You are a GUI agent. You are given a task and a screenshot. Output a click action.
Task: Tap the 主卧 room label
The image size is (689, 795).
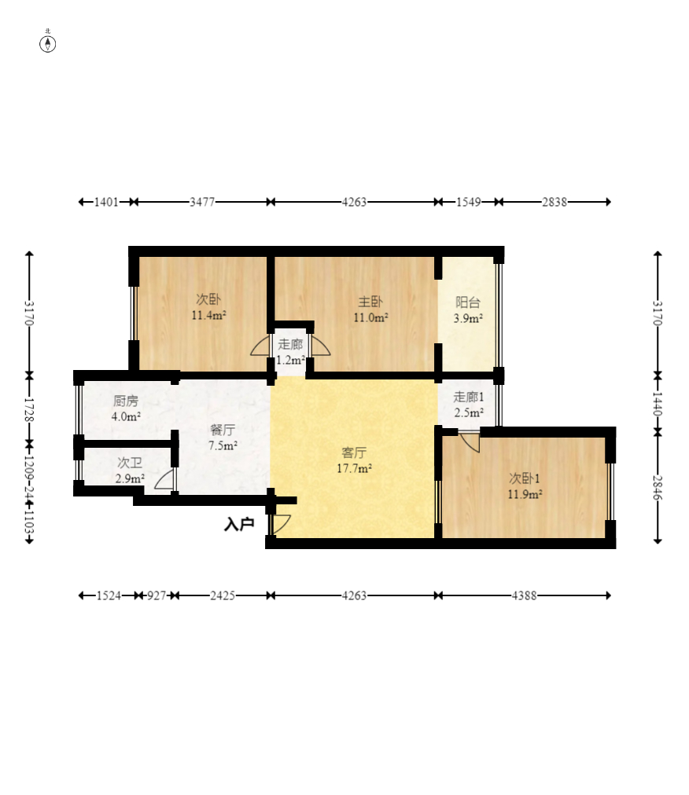coord(370,302)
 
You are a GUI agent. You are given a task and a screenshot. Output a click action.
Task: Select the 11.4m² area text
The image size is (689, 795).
coord(208,315)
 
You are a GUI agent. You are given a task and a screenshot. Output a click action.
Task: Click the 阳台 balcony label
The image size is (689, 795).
coord(468,302)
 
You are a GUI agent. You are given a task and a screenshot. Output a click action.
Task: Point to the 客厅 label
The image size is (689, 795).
coord(354,452)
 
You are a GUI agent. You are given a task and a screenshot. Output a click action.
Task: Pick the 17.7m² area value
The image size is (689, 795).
coord(354,468)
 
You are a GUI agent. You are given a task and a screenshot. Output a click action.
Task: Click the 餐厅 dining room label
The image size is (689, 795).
coord(223,430)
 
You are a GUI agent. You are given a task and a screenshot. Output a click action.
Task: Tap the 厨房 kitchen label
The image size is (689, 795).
coord(125,401)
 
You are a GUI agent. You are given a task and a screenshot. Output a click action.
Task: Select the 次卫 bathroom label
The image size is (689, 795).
coord(130,463)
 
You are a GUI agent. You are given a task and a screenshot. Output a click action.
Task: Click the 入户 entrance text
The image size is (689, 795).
coord(239,524)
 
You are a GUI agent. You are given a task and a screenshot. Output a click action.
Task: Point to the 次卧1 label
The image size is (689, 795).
coord(525,478)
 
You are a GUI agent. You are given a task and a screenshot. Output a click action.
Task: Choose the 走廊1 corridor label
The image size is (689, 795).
coord(468,397)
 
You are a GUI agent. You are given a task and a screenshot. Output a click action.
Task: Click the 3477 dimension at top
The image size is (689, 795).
coord(202,202)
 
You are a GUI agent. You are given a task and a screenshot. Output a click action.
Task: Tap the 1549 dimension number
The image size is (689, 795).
coord(468,202)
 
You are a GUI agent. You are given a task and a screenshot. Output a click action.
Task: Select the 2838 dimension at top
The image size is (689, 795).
coord(554,202)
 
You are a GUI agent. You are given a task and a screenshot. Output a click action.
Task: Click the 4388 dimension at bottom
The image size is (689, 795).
coord(524,595)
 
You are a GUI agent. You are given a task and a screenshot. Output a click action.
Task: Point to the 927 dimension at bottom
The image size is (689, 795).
coord(157,595)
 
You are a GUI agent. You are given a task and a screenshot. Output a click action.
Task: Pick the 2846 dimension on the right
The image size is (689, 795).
coord(658,487)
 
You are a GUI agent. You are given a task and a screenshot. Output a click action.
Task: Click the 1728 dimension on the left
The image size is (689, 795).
coord(29,410)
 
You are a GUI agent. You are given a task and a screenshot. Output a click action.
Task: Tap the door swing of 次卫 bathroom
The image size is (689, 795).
coord(163,479)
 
